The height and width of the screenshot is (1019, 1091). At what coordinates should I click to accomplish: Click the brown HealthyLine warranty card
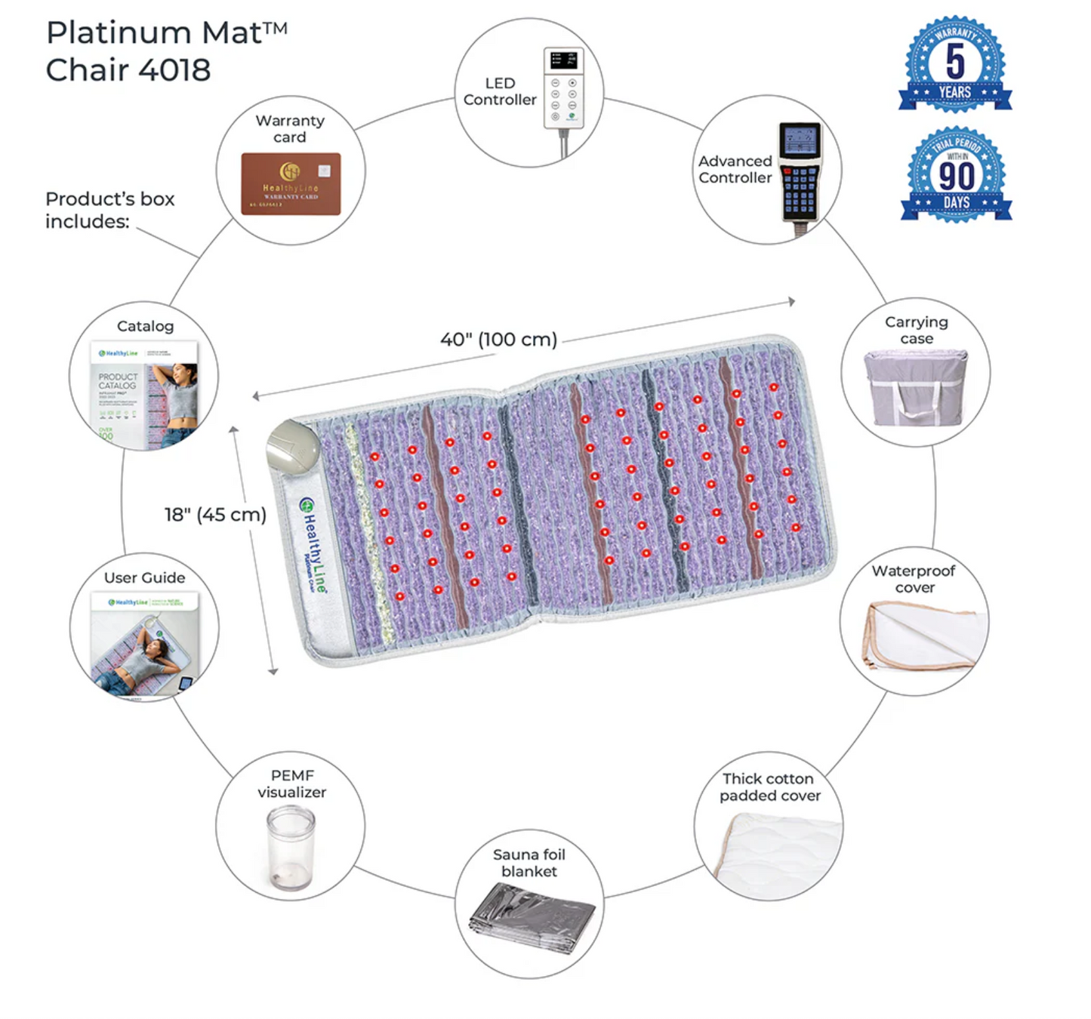291,184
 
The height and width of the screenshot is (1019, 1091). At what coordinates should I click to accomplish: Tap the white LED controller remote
563,87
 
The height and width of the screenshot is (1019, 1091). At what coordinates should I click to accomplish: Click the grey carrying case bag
916,387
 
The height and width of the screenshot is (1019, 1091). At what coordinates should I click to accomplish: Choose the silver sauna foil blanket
532,917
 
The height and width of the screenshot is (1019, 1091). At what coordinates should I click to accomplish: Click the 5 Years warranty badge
955,64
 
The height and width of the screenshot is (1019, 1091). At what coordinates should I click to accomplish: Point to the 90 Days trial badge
956,174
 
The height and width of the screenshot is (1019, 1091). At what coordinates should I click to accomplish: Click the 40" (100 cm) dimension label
499,340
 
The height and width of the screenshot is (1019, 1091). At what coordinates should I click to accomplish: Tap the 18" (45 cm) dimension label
216,515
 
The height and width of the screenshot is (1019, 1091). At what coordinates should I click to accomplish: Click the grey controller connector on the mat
293,448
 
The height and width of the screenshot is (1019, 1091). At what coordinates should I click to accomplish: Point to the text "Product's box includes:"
110,210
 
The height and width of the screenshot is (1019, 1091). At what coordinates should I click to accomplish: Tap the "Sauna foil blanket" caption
529,863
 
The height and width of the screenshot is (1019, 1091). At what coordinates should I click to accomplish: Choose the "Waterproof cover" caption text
914,579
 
